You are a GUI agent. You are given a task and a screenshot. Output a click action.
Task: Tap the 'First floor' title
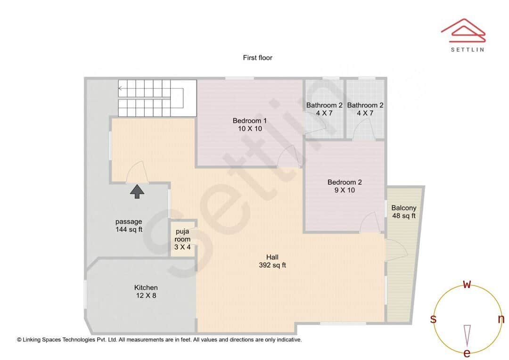pyautogui.click(x=257, y=58)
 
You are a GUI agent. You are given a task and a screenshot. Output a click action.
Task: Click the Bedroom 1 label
pyautogui.click(x=249, y=121)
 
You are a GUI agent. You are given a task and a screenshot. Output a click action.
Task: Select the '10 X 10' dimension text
pyautogui.click(x=249, y=128)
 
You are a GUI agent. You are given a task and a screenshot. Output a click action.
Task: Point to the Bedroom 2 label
pyautogui.click(x=345, y=182)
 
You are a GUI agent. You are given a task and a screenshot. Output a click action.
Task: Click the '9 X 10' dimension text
pyautogui.click(x=345, y=190)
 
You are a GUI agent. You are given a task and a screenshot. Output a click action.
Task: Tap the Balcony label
pyautogui.click(x=404, y=208)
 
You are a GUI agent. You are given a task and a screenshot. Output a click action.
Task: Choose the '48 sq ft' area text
pyautogui.click(x=404, y=216)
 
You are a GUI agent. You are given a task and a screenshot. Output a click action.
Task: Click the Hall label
pyautogui.click(x=272, y=257)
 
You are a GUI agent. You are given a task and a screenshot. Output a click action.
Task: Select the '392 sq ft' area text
pyautogui.click(x=272, y=265)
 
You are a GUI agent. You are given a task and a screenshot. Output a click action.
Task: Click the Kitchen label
pyautogui.click(x=146, y=287)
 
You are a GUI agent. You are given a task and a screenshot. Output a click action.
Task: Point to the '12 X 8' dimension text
pyautogui.click(x=146, y=295)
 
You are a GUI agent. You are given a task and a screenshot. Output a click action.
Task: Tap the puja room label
pyautogui.click(x=182, y=235)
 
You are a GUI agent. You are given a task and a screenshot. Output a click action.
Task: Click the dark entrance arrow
pyautogui.click(x=137, y=191)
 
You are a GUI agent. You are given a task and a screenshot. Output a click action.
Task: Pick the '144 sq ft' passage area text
pyautogui.click(x=129, y=229)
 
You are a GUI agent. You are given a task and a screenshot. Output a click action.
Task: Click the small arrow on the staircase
pyautogui.click(x=121, y=88)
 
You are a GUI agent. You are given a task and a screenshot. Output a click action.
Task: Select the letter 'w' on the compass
pyautogui.click(x=467, y=284)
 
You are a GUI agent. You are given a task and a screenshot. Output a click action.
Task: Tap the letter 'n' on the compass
pyautogui.click(x=501, y=319)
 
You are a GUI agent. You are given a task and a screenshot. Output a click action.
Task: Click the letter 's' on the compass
pyautogui.click(x=433, y=319)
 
